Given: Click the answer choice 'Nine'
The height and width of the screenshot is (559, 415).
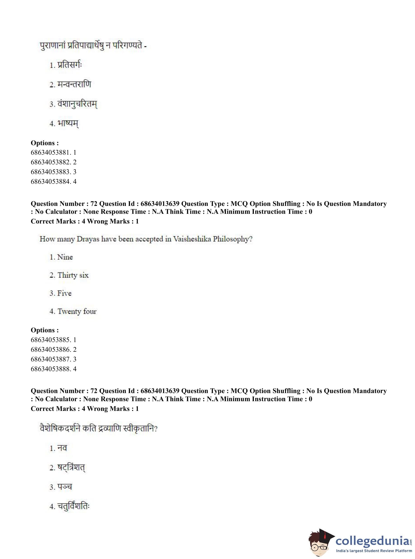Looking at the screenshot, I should click(65, 257).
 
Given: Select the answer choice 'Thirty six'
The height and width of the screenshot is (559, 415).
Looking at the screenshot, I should click(73, 275).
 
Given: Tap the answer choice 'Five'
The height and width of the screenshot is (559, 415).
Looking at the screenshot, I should click(64, 293).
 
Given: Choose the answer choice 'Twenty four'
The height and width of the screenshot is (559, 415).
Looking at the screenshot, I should click(77, 311).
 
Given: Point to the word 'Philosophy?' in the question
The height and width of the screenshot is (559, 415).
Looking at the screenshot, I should click(233, 239).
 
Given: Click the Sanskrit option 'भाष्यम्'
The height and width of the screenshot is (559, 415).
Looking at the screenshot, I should click(68, 123).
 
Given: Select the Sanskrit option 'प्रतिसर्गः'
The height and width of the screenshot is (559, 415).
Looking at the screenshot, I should click(69, 65).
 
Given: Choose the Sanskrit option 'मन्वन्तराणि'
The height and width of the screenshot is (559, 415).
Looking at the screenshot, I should click(74, 84).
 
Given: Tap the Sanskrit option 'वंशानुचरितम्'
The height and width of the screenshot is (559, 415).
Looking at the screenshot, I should click(77, 104).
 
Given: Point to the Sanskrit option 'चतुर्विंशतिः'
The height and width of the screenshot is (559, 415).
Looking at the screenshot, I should click(73, 506).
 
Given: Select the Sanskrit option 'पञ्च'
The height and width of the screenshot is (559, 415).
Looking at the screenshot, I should click(65, 487).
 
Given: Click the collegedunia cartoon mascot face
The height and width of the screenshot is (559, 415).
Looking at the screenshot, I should click(320, 543).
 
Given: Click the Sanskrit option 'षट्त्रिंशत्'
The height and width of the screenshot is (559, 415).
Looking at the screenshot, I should click(71, 468).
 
